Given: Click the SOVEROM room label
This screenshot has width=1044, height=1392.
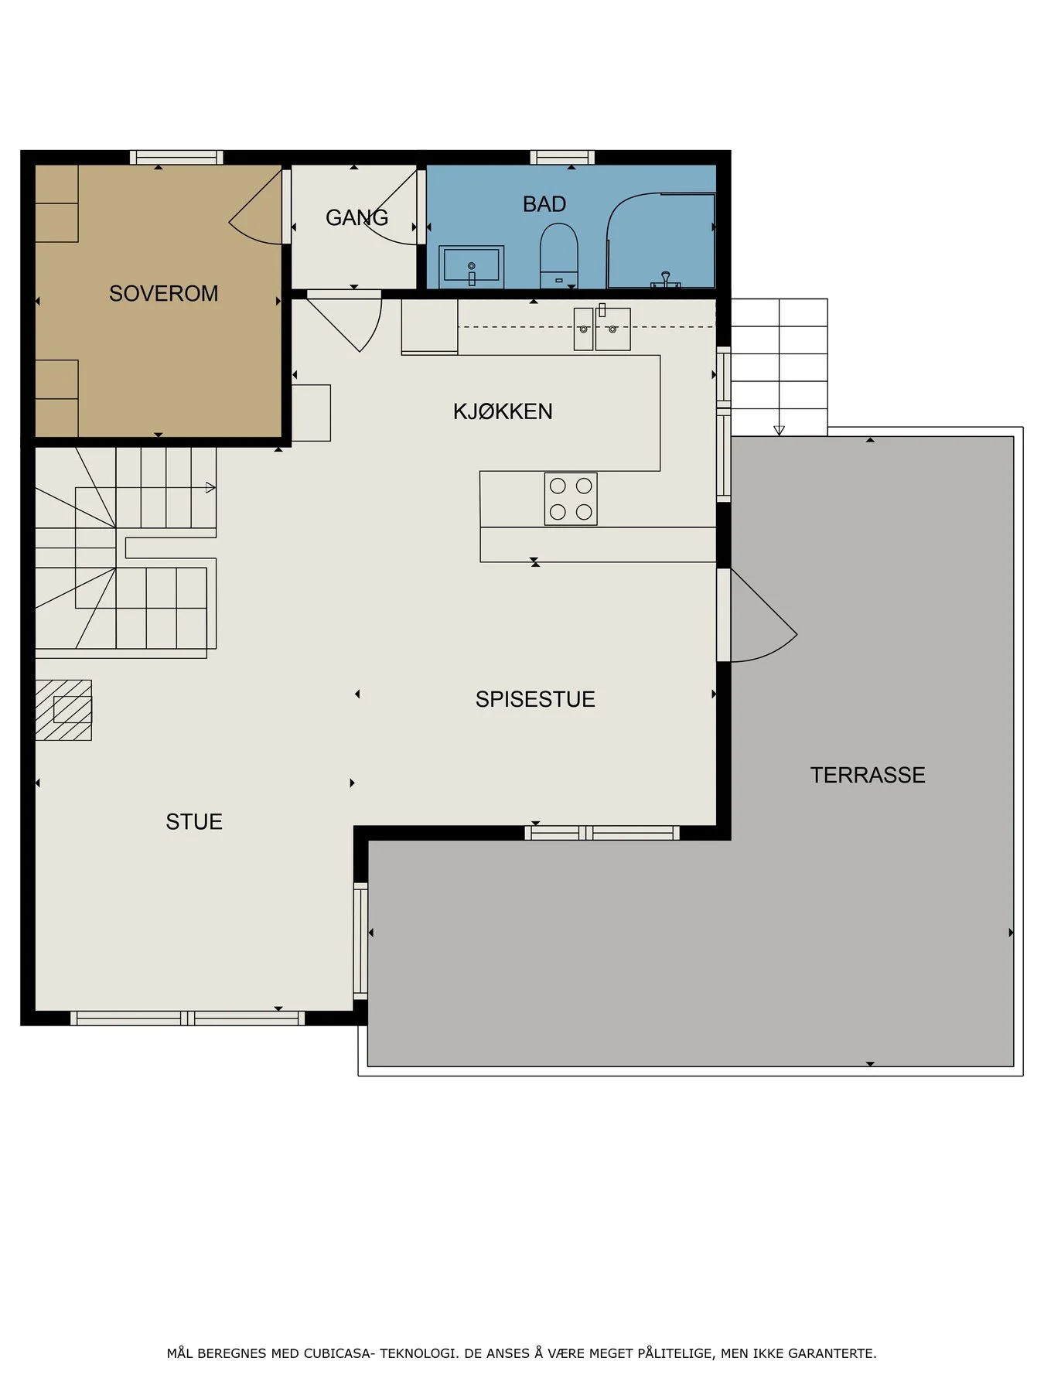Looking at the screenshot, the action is tap(163, 294).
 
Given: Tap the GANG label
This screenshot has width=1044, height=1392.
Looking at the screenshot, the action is tap(357, 218).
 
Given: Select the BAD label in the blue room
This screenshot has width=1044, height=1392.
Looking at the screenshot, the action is tap(544, 204).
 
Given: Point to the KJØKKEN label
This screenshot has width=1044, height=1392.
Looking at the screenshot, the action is tap(503, 411).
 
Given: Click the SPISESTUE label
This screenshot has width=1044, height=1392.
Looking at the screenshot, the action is tap(535, 699).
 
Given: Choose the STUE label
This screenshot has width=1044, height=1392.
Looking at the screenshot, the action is tap(194, 821).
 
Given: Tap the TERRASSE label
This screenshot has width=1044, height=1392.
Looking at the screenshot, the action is tap(868, 775).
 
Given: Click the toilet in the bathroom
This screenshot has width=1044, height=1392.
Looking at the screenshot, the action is tap(559, 255).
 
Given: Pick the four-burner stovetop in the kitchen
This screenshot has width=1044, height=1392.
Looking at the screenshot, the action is tap(571, 499).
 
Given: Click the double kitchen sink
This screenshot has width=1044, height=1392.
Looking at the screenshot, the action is tap(602, 329).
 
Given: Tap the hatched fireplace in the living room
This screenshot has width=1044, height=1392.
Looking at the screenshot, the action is tap(63, 710).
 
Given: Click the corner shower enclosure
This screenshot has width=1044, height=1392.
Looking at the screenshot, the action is tap(660, 241).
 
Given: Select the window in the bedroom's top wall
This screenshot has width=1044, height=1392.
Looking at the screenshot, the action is tap(176, 158).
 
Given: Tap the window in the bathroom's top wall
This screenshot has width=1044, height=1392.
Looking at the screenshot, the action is tap(562, 158).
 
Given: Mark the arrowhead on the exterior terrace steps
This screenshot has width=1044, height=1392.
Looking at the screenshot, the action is tap(779, 431).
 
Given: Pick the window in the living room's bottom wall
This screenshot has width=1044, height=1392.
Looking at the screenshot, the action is tap(188, 1018).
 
